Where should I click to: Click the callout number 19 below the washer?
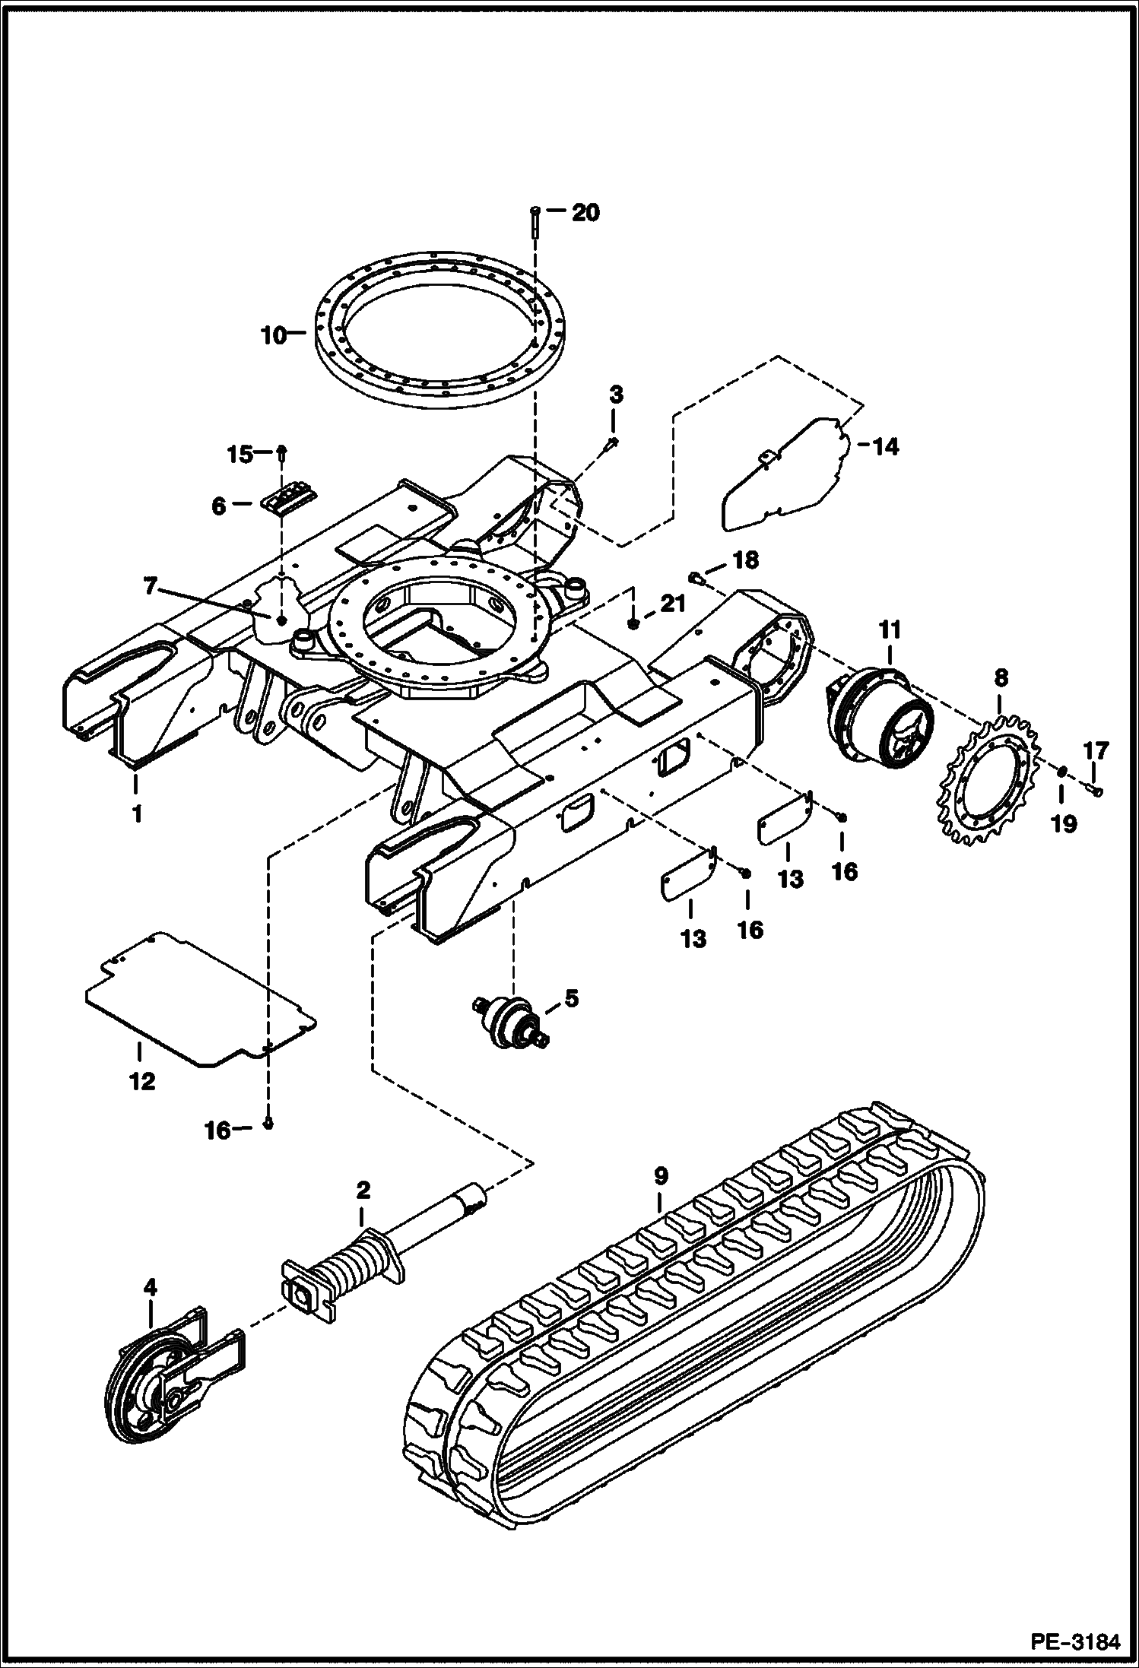point(1064,823)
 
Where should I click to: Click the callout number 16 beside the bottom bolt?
point(217,1131)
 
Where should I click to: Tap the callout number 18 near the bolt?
point(744,561)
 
